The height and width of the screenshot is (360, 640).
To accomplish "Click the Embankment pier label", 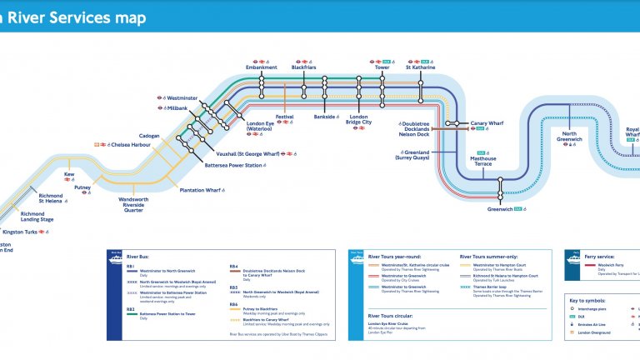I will [x=262, y=67].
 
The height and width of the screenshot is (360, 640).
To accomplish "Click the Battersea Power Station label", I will [x=232, y=165].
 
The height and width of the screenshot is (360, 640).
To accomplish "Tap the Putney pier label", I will [x=82, y=187].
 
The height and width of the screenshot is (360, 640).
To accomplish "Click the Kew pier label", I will [x=69, y=174].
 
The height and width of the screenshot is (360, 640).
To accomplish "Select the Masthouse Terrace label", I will [x=482, y=161].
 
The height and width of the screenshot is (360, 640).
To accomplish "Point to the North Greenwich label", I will [x=568, y=137].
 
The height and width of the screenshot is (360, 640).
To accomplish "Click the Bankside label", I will [x=324, y=117].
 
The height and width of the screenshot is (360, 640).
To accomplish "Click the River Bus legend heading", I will [x=137, y=257].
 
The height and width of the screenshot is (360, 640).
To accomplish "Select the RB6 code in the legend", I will [x=234, y=304].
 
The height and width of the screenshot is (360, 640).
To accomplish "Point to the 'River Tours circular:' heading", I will [x=393, y=317].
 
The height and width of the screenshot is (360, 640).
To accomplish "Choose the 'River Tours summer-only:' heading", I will [x=489, y=257].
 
